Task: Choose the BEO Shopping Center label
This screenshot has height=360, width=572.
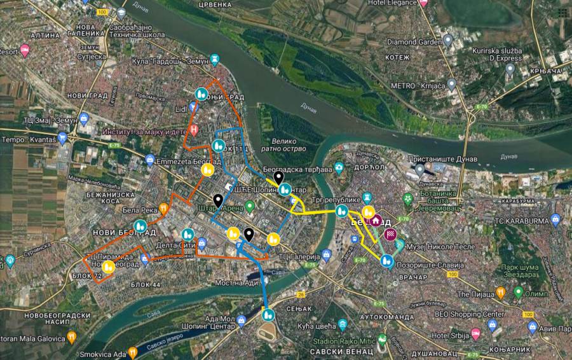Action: coord(469,314)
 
